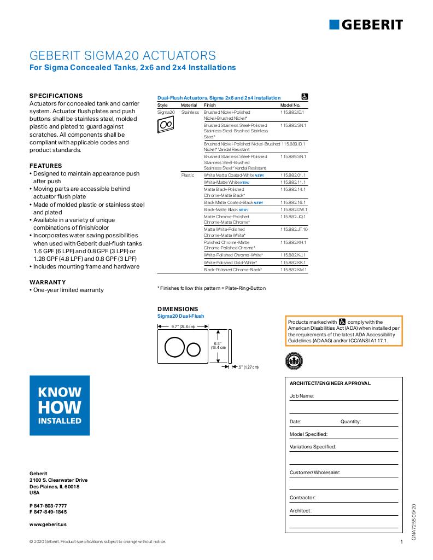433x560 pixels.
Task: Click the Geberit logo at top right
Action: point(366,24)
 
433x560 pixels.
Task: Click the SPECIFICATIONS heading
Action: point(56,95)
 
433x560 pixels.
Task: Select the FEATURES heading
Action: point(45,166)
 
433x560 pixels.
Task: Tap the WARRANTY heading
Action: point(47,282)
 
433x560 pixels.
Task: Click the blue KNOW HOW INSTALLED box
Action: point(60,405)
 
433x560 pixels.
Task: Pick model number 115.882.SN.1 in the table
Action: point(293,125)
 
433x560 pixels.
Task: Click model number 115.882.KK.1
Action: point(294,262)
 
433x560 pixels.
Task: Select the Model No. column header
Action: point(290,104)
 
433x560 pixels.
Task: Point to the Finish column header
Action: point(210,104)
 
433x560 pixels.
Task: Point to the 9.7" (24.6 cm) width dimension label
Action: point(183,326)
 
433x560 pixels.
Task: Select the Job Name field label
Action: point(301,395)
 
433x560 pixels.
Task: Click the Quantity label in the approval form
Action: point(350,422)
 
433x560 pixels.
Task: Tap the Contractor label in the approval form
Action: point(302,498)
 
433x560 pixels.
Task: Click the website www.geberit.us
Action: point(48,524)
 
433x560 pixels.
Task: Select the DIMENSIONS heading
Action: point(178,309)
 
